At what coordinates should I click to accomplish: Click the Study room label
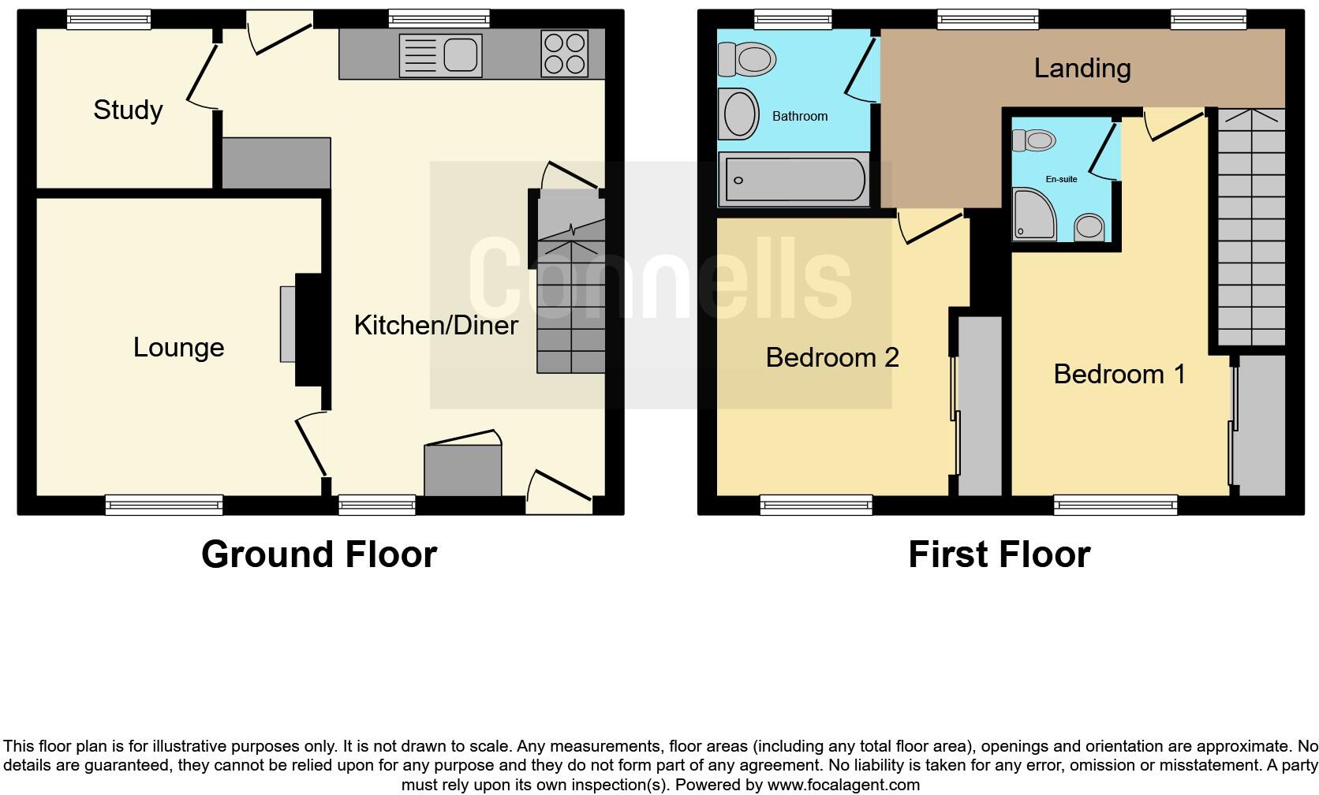[128, 110]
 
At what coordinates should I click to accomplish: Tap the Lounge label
[178, 348]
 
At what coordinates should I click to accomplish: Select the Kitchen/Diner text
[435, 325]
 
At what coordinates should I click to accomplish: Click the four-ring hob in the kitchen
[564, 54]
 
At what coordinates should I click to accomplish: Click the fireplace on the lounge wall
[288, 324]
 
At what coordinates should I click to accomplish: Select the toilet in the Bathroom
[746, 58]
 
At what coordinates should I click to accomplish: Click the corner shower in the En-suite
[1034, 214]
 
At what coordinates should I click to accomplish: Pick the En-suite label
[1061, 179]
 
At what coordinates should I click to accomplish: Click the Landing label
[1082, 69]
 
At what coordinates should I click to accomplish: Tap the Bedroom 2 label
[831, 358]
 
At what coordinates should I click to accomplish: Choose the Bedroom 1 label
[1119, 374]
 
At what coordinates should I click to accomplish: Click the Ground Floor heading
[319, 554]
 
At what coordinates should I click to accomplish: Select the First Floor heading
[999, 554]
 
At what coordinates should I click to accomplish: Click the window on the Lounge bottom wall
[164, 505]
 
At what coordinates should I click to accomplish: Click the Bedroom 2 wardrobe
[980, 405]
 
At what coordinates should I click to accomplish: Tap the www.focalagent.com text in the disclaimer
[843, 785]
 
